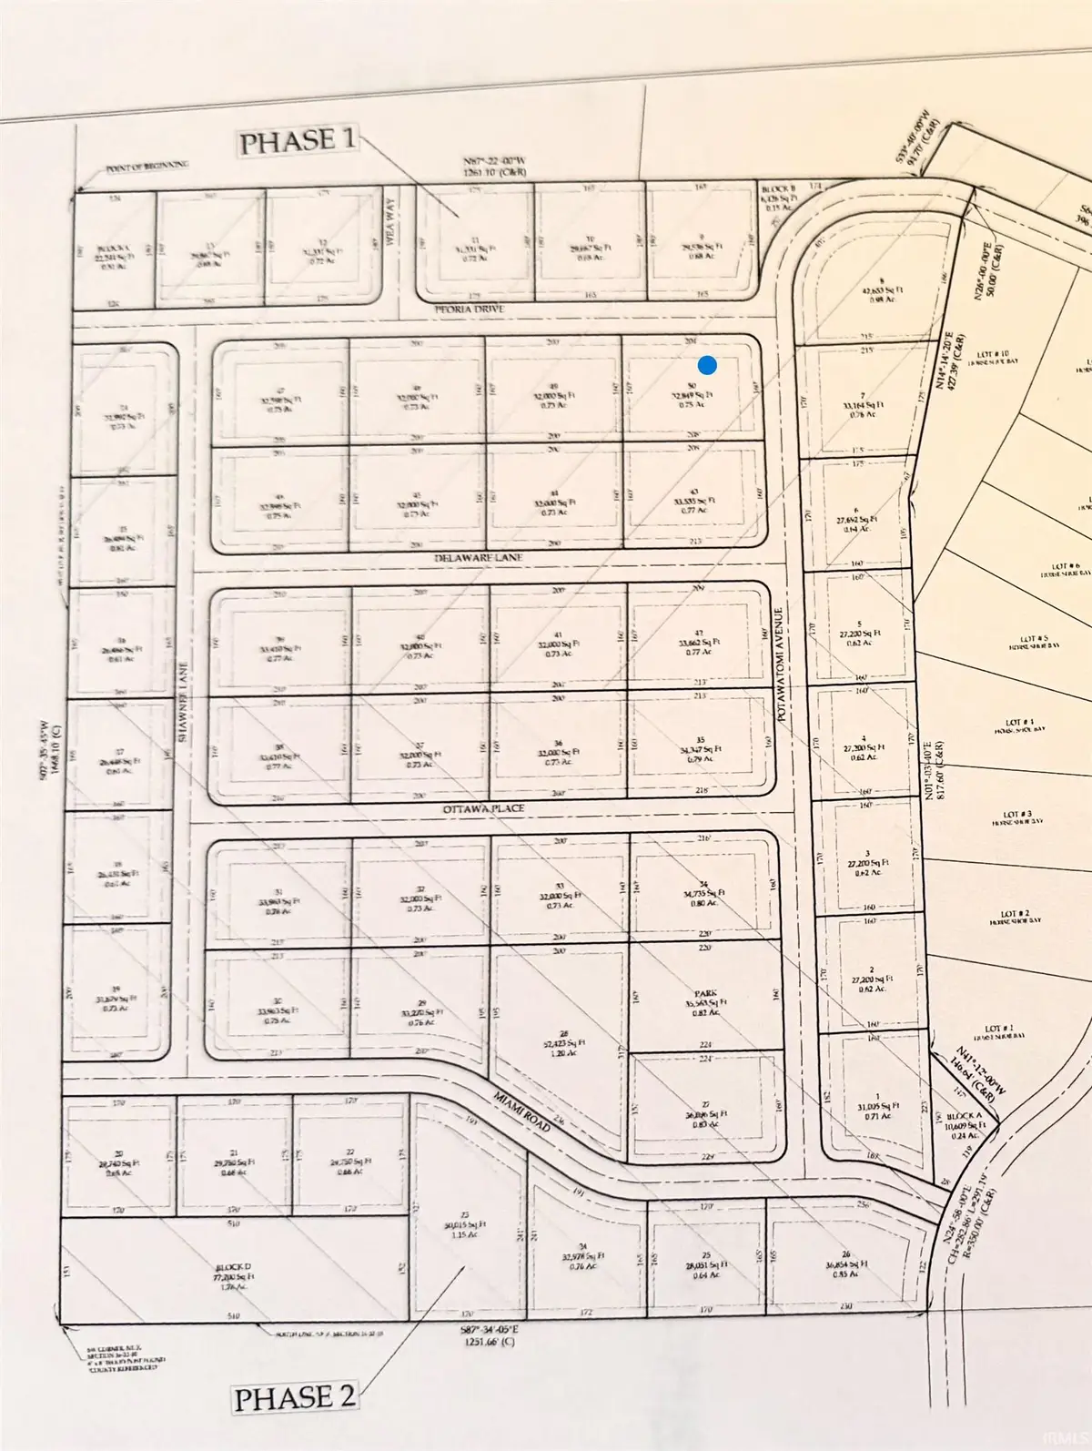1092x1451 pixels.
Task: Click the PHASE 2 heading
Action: [295, 1397]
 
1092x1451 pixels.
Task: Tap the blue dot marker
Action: [707, 366]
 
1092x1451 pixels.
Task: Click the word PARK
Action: [701, 993]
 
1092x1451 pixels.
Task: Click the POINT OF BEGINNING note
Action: [147, 165]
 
